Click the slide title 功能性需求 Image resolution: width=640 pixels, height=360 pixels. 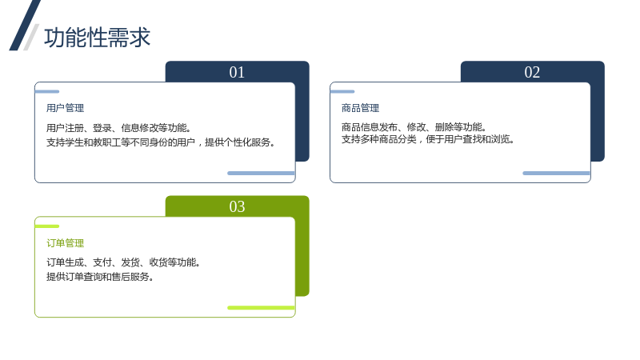point(97,38)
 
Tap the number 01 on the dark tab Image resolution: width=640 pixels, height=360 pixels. point(237,72)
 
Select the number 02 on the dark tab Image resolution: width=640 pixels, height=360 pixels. point(532,72)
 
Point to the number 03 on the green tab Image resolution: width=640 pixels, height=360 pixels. point(237,206)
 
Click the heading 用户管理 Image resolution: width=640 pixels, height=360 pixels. point(66,108)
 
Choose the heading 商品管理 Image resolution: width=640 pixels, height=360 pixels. point(361,108)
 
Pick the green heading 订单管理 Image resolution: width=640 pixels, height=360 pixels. point(66,243)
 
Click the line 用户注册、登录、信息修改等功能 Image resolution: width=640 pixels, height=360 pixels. point(118,128)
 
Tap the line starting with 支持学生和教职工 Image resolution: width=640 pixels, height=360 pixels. point(161,142)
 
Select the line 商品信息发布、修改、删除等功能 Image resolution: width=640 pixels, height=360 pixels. point(414,127)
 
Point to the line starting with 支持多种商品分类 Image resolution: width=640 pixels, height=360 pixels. point(428,139)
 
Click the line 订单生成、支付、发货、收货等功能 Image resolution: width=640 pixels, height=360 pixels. point(123,262)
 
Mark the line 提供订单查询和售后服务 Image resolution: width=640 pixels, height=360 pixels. point(100,276)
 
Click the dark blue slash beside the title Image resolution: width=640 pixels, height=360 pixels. point(25,26)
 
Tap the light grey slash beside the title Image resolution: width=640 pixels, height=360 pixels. point(31,37)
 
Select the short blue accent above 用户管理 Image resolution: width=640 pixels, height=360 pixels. point(47,91)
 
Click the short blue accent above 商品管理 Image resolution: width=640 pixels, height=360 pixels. point(342,91)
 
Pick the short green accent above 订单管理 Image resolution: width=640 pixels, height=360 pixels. point(47,226)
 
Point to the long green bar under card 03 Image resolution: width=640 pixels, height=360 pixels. point(262,308)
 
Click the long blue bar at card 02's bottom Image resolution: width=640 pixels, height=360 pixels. point(556,173)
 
